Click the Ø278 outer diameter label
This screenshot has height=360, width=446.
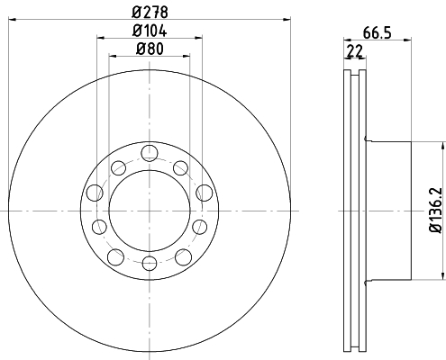150,12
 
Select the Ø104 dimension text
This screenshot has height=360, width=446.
150,31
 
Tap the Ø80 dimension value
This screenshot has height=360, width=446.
150,49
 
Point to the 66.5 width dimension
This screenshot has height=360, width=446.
378,32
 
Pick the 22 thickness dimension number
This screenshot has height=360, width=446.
355,51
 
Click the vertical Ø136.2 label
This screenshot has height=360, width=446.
436,210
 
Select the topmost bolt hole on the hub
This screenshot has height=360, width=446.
150,153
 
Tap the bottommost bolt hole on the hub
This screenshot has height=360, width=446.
150,263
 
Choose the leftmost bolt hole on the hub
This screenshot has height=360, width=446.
95,193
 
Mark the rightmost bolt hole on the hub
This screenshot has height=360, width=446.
205,193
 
